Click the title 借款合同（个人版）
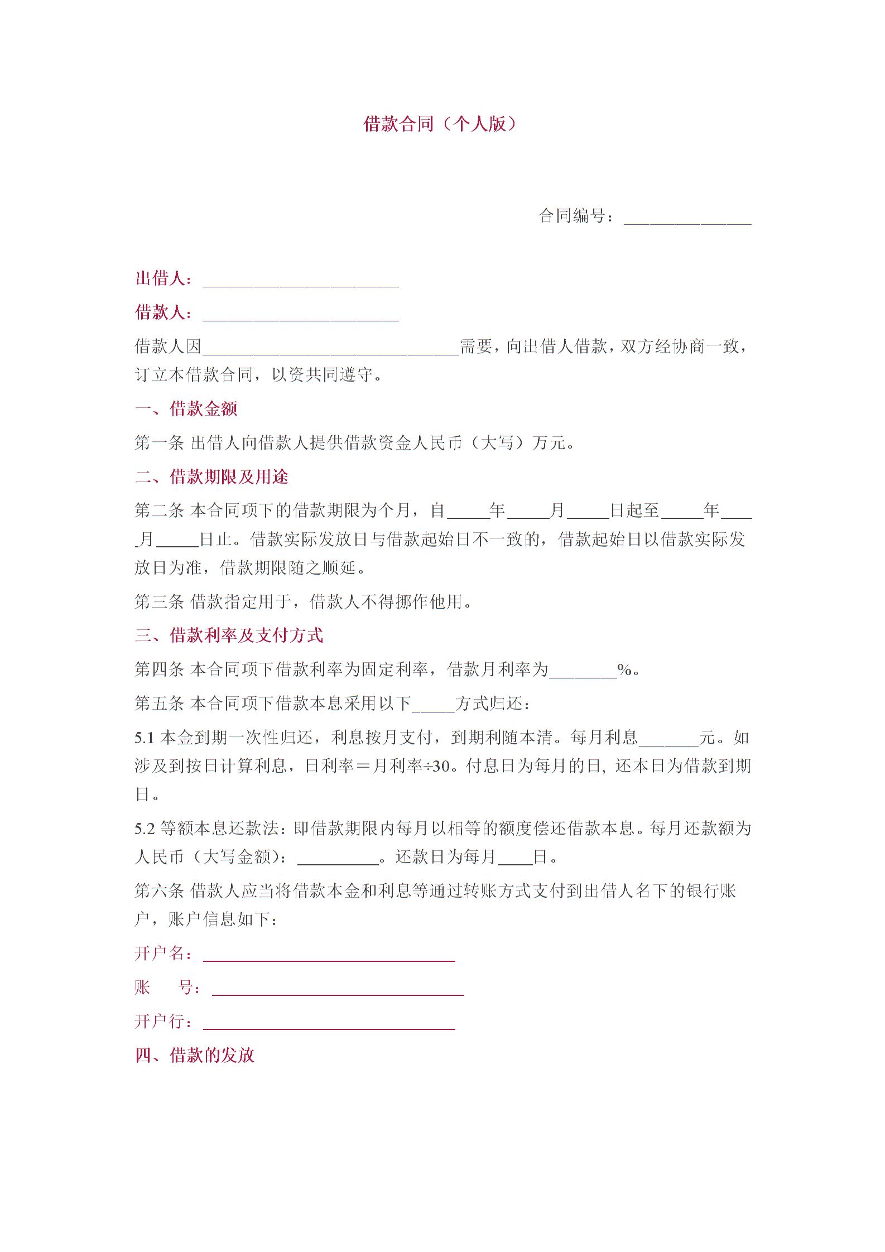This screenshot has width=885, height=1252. click(x=440, y=124)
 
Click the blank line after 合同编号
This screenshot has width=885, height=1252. click(x=687, y=219)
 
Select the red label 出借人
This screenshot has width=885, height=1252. click(x=159, y=278)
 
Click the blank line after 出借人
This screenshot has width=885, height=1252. click(x=300, y=282)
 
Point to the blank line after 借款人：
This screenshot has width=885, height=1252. click(x=300, y=316)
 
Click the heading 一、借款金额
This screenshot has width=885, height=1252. click(x=186, y=409)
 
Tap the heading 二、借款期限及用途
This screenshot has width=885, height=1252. click(x=212, y=477)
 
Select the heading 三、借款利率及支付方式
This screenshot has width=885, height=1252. click(x=229, y=635)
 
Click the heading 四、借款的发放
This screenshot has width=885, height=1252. click(x=195, y=1055)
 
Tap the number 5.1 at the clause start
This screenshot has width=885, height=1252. click(x=144, y=738)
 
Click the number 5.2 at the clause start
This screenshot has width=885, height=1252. click(x=144, y=829)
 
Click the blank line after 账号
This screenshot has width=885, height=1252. click(x=338, y=990)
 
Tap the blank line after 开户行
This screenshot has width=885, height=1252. click(x=329, y=1024)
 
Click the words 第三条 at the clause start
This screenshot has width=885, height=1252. click(x=159, y=601)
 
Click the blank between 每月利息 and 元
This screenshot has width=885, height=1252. click(x=668, y=741)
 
